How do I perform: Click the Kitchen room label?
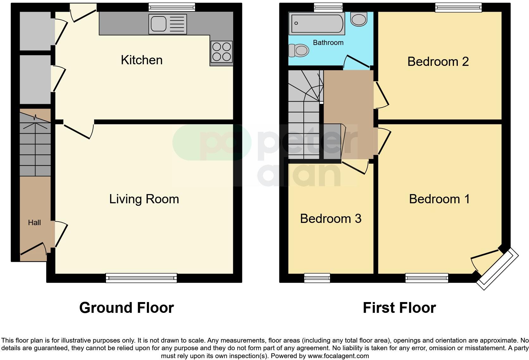coord(141,60)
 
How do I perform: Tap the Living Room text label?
coord(144,199)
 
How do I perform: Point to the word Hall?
coord(34,223)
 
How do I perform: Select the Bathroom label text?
coord(328,43)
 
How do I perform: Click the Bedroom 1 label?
coord(439,199)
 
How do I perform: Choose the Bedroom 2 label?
coord(438,61)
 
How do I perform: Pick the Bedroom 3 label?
coord(331,219)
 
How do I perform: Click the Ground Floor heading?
coord(127,308)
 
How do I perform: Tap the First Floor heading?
coord(399,308)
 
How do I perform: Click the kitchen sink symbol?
coord(168,24)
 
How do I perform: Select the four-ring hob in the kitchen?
coord(221,51)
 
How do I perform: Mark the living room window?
coord(141,278)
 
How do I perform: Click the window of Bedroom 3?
coord(317,278)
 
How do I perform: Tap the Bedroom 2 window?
coord(458,8)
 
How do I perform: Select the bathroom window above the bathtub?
coord(328,8)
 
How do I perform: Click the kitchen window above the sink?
coord(172,7)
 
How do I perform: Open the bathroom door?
coord(357,62)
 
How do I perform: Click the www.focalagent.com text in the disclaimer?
coord(338,356)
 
